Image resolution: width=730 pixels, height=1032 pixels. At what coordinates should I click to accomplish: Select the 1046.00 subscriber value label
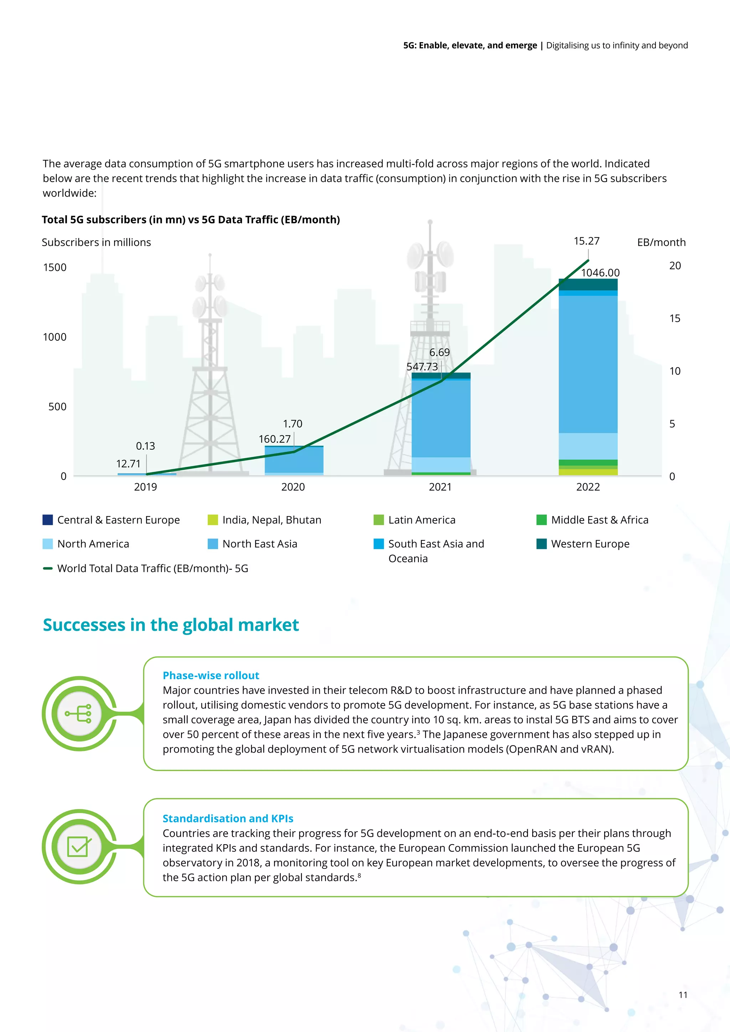600,273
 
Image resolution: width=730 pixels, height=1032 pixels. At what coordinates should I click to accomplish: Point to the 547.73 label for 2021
422,367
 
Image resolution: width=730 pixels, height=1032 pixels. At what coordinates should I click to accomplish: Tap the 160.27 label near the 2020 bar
275,439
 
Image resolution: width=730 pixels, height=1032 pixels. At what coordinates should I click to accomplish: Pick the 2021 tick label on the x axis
440,487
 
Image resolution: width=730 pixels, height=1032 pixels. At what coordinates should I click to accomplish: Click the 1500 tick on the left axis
55,267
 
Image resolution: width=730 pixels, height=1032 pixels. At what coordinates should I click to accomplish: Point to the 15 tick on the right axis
674,319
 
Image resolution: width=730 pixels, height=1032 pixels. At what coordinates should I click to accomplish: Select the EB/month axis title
661,243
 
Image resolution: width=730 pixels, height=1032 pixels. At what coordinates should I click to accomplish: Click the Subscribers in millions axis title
96,243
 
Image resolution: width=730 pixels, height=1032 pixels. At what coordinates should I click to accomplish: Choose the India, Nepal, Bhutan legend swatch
212,520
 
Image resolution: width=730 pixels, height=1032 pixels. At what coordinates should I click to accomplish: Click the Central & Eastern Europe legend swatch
48,520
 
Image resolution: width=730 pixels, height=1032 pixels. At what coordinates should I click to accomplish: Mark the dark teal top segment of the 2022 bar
588,284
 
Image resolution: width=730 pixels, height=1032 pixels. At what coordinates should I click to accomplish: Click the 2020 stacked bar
294,460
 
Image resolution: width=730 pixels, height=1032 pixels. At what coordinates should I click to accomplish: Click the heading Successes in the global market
171,625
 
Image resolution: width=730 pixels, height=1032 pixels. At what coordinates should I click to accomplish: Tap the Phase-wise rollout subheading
211,675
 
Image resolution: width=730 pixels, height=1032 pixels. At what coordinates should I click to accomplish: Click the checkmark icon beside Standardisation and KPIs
79,847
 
